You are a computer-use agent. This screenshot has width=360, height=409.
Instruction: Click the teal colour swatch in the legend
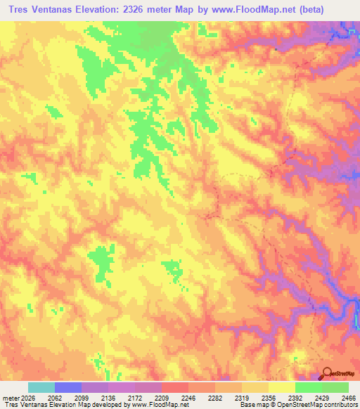tap(41, 387)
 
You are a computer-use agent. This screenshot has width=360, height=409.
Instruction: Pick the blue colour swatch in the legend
tap(68, 387)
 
